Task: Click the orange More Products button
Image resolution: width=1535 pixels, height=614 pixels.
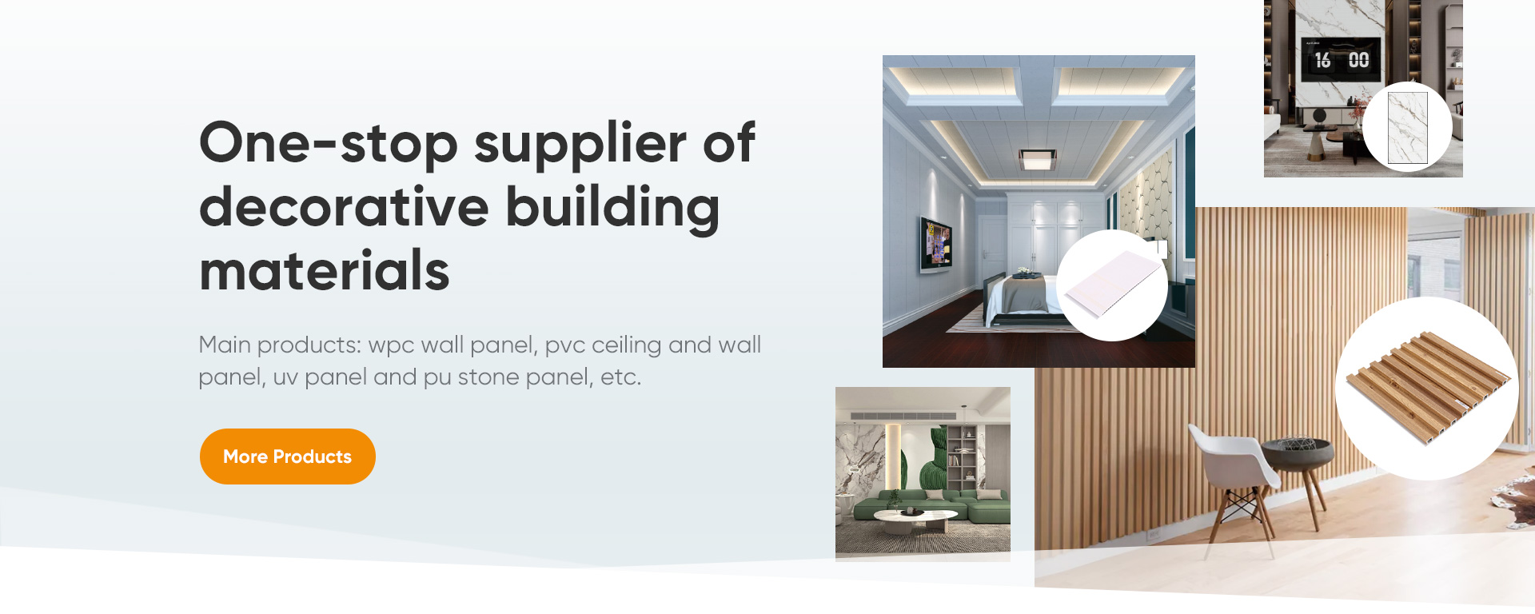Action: click(288, 457)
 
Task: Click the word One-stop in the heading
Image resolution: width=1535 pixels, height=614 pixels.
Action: click(328, 143)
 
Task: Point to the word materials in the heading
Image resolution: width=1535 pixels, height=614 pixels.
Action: click(325, 270)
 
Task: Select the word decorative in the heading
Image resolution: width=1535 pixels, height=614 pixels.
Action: click(344, 207)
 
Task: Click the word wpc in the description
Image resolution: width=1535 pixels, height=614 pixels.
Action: click(390, 346)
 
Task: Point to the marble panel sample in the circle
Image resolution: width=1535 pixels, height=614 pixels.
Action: click(1408, 128)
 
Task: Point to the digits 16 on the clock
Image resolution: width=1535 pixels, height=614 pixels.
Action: click(1323, 61)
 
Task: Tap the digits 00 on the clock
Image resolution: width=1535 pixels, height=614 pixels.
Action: click(1359, 60)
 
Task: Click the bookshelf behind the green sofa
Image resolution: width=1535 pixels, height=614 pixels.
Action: click(963, 460)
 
